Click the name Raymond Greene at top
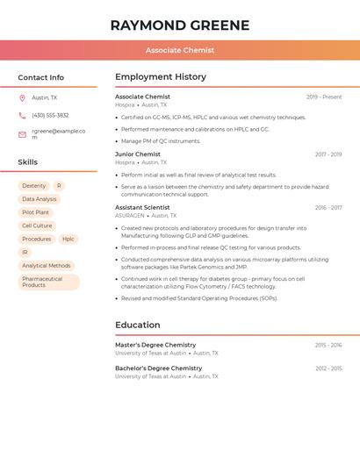(x=180, y=25)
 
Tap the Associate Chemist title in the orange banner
(x=180, y=50)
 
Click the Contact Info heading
(x=41, y=77)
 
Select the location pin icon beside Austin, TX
(x=22, y=97)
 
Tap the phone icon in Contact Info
(x=22, y=115)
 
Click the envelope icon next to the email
(x=22, y=134)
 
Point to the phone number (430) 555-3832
(x=50, y=115)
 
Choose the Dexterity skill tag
(x=34, y=186)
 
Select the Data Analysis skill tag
(x=39, y=199)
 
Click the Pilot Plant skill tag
(x=36, y=212)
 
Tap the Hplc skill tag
(x=68, y=239)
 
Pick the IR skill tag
(x=25, y=252)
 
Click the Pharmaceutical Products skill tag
(x=48, y=282)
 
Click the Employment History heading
(x=161, y=77)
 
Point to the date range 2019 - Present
(x=324, y=97)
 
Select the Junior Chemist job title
(x=138, y=154)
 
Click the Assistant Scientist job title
(x=142, y=208)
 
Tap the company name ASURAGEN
(x=130, y=216)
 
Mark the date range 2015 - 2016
(x=328, y=345)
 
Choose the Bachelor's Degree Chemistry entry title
(x=158, y=368)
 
